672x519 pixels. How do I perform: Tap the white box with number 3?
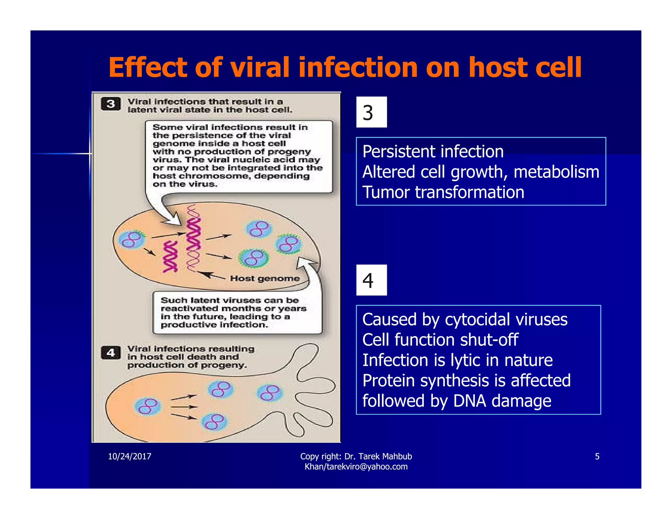371,112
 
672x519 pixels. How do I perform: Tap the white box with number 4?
371,280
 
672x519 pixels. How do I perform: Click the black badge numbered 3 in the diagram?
111,104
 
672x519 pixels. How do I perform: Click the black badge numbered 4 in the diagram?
111,353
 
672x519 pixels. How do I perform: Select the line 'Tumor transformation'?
443,192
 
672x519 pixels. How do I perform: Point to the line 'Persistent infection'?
432,152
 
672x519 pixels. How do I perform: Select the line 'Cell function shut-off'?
440,340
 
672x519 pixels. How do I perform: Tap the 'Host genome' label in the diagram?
264,279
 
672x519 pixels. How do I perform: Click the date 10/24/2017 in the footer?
130,456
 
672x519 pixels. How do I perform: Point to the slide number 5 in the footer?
597,456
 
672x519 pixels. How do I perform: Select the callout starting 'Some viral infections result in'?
238,155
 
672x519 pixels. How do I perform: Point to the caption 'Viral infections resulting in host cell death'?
190,357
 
